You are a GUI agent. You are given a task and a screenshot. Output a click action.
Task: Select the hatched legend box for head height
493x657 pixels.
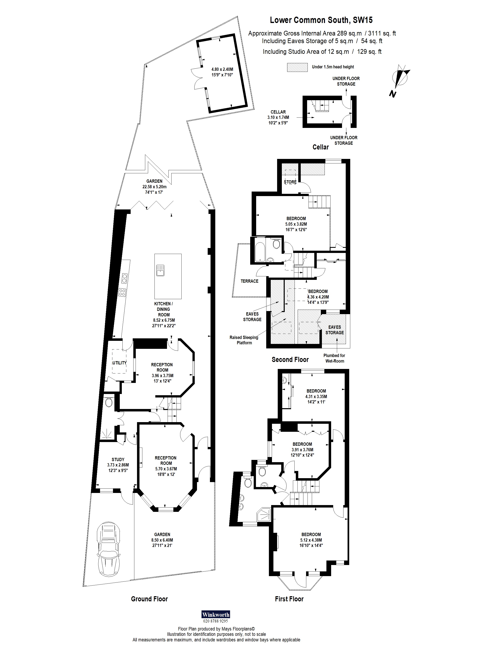pos(297,67)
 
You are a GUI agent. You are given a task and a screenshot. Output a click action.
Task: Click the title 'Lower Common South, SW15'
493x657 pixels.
pos(321,20)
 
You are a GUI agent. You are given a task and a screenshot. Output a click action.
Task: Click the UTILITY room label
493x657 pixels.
pos(120,363)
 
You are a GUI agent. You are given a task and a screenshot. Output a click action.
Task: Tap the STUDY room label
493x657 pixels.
pos(118,459)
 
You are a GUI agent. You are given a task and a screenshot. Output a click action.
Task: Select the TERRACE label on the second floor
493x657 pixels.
pos(249,281)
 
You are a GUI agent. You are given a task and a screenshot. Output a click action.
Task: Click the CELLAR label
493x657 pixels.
pos(278,112)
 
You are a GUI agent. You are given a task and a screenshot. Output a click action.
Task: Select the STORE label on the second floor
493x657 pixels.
pos(290,182)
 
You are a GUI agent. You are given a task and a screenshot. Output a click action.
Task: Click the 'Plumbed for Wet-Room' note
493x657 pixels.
pos(334,358)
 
